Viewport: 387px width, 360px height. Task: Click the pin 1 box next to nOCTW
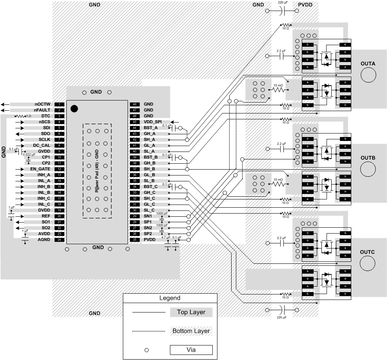pyautogui.click(x=59, y=104)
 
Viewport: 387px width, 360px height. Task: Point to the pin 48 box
pyautogui.click(x=135, y=104)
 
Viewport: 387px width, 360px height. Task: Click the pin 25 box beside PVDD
pyautogui.click(x=135, y=239)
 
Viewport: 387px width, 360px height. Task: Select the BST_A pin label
pyautogui.click(x=150, y=128)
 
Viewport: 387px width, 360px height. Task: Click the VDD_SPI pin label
pyautogui.click(x=152, y=122)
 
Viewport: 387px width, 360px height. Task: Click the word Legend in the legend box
pyautogui.click(x=170, y=298)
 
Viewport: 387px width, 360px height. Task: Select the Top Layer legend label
pyautogui.click(x=191, y=312)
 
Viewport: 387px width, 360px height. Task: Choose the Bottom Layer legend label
pyautogui.click(x=191, y=331)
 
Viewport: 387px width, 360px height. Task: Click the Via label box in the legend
pyautogui.click(x=191, y=349)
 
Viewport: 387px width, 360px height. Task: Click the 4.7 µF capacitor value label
pyautogui.click(x=166, y=238)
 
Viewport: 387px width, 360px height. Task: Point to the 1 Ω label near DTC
pyautogui.click(x=29, y=116)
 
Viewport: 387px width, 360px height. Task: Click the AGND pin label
pyautogui.click(x=44, y=239)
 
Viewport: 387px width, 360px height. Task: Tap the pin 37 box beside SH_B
pyautogui.click(x=135, y=169)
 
